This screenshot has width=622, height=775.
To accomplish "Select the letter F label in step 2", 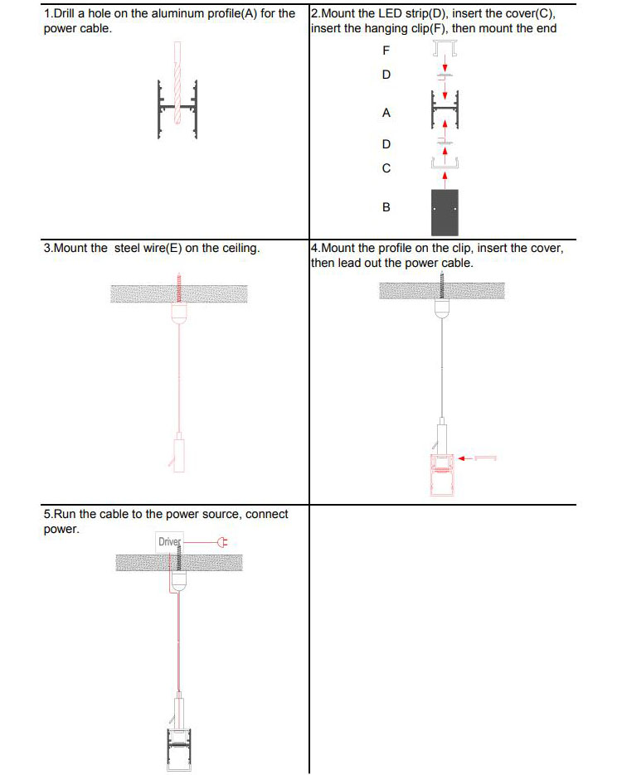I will point(386,50).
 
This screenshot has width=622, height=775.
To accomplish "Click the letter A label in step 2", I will point(386,112).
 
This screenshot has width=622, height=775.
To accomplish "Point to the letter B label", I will point(386,207).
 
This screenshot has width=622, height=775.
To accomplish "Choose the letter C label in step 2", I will point(386,168).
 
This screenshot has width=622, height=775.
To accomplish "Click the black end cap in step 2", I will point(445,212).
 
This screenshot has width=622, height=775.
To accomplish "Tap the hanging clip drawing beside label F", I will point(445,52).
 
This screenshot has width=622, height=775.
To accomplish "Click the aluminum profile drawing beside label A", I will point(445,109).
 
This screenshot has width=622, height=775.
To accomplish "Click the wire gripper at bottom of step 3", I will point(178,452).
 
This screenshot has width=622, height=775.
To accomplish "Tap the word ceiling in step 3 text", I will point(239,248).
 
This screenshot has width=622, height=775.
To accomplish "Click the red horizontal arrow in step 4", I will point(478,457).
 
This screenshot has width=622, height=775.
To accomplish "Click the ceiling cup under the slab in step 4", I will point(442,308).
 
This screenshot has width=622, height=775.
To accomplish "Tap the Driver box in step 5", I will point(170,543).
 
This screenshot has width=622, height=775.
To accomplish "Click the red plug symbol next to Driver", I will point(221,543).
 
